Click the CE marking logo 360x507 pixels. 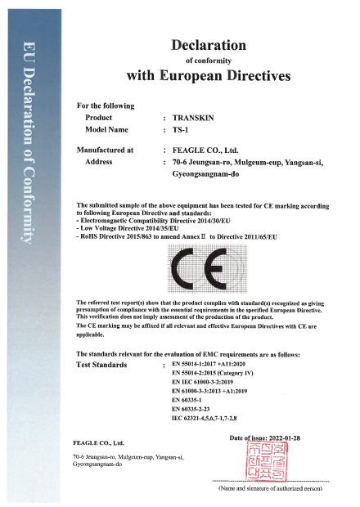pos(208,269)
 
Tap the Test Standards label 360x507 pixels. pos(101,365)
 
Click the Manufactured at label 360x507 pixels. pos(105,150)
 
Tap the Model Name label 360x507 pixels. pos(107,129)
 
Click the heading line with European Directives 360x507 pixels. pos(209,77)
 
